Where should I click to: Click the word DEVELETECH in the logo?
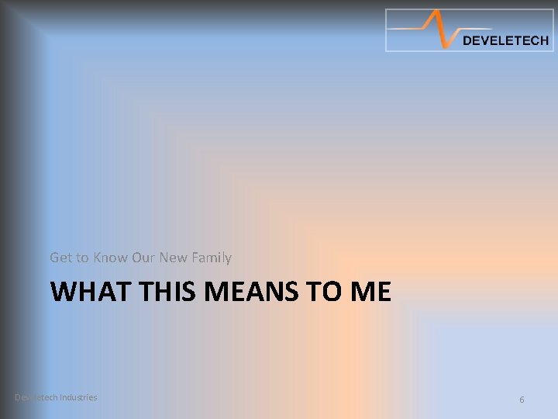(505, 41)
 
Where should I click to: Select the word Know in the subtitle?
(110, 257)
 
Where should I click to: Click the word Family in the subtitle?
(212, 258)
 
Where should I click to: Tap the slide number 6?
(522, 399)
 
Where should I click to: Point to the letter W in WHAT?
(63, 292)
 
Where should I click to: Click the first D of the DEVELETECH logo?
(467, 41)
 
